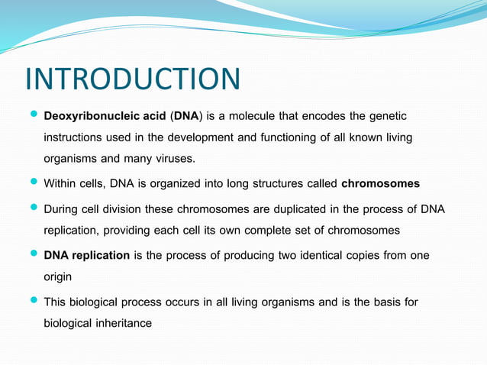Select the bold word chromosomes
pyautogui.click(x=380, y=184)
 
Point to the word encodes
pyautogui.click(x=321, y=116)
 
